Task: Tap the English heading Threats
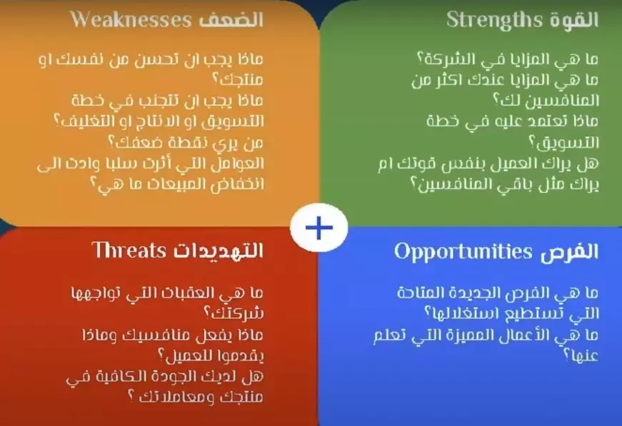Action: click(129, 250)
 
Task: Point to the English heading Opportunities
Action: click(463, 252)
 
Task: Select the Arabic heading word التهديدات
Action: click(217, 250)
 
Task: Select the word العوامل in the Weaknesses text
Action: click(239, 163)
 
